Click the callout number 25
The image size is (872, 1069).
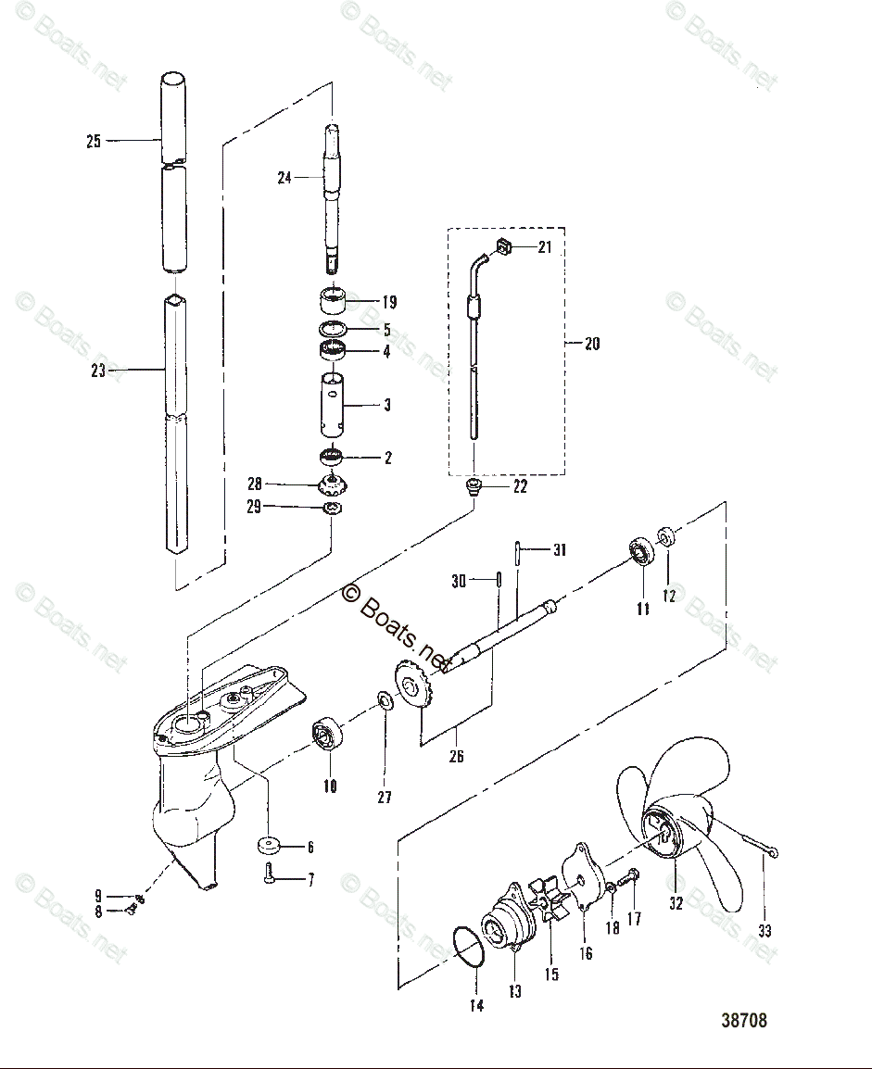click(94, 142)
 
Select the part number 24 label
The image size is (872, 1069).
click(284, 177)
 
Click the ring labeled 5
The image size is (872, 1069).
click(334, 330)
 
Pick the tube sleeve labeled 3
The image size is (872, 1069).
click(333, 405)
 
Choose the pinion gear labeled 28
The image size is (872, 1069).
click(333, 484)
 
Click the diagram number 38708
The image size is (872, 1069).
click(744, 1021)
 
